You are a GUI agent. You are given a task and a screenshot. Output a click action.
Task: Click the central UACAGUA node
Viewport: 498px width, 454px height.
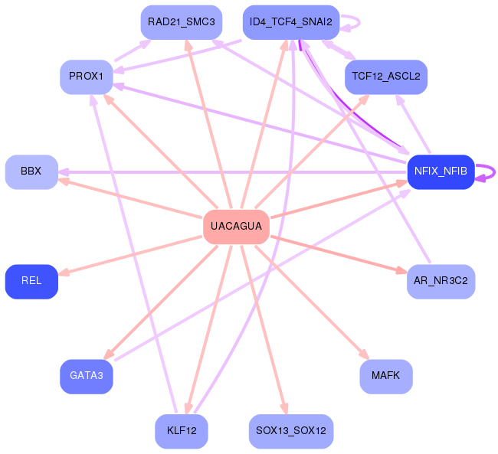236,227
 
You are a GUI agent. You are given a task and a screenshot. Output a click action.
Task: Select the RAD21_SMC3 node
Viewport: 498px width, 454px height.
181,22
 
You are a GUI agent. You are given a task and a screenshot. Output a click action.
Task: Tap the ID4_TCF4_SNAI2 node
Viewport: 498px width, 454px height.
290,22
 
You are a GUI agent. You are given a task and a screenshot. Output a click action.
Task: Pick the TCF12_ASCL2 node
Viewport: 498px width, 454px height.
386,77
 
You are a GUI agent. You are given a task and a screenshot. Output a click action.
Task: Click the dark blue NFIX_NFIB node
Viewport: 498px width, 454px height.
441,171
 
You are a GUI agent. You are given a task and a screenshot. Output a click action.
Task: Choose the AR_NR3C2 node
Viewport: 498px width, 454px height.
441,281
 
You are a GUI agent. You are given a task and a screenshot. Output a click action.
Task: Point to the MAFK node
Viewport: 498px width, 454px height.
386,376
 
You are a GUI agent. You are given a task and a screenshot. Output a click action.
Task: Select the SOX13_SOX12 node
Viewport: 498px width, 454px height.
290,431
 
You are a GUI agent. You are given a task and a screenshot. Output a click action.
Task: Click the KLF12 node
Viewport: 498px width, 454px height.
181,431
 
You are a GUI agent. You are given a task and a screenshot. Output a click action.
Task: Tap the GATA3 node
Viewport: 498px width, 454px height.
87,376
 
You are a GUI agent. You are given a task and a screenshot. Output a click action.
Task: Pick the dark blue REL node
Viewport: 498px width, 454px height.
31,281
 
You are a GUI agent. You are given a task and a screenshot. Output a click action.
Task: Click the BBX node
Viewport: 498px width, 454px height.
31,171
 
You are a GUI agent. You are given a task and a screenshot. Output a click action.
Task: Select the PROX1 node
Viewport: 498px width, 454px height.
87,77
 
